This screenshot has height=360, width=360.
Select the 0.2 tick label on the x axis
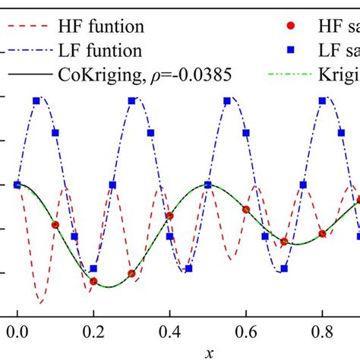click(x=93, y=332)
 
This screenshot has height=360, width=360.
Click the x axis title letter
click(x=208, y=352)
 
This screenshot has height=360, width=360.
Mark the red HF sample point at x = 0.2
click(x=93, y=282)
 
